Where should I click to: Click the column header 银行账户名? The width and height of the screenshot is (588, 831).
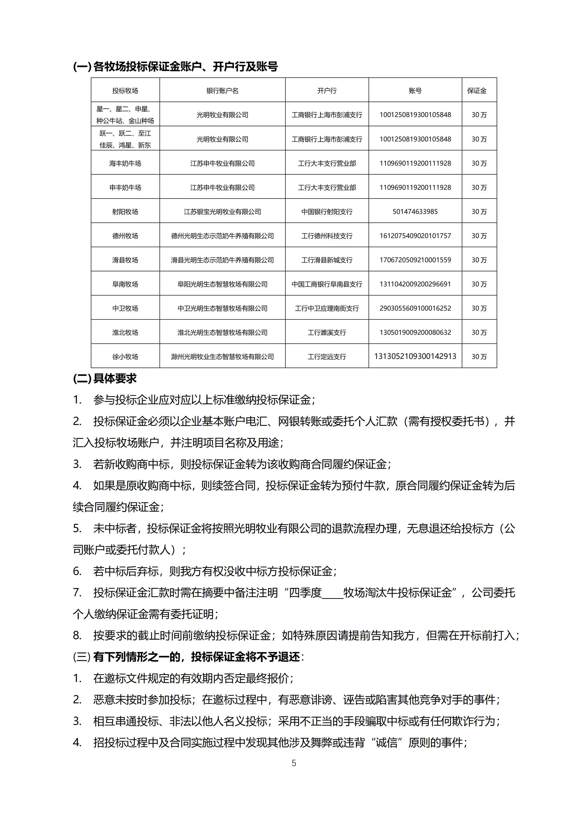tap(222, 90)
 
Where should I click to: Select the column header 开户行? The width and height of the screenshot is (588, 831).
tap(327, 90)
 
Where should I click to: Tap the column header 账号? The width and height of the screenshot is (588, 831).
tap(415, 90)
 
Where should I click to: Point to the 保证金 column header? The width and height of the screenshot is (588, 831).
tap(477, 90)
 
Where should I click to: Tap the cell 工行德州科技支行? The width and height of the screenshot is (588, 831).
tap(327, 236)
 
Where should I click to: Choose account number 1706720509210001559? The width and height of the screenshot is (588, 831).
tap(415, 260)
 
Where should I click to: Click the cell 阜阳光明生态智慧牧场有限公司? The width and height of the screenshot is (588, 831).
tap(222, 284)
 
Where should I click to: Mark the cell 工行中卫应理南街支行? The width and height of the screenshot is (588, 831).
tap(327, 308)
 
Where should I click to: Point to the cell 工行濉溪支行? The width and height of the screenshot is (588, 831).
tap(327, 332)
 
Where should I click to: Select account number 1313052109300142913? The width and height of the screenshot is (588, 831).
tap(415, 356)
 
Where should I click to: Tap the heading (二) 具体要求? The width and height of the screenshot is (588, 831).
tap(105, 379)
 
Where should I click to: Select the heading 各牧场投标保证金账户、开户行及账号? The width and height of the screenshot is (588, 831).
tap(175, 67)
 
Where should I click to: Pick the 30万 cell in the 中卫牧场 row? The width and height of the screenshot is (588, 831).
tap(479, 308)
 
